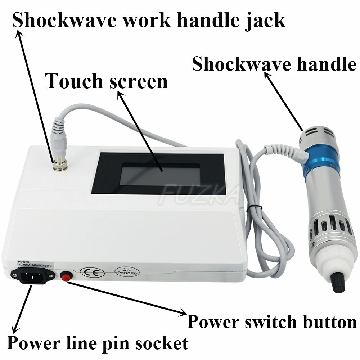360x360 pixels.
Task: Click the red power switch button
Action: tap(65, 276)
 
